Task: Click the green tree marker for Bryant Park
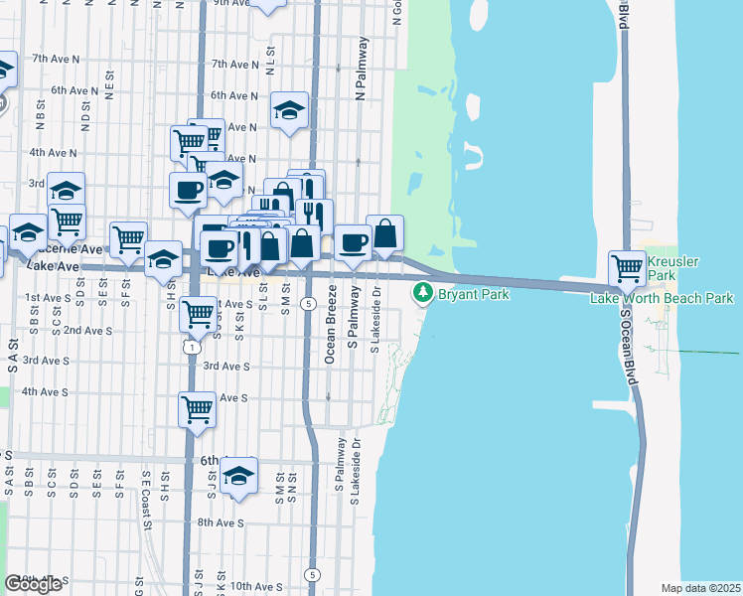click(423, 293)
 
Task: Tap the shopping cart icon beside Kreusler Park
click(628, 267)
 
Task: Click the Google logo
click(33, 583)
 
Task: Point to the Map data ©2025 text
click(701, 588)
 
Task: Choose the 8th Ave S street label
click(220, 522)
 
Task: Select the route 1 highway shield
click(190, 347)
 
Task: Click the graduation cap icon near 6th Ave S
click(238, 476)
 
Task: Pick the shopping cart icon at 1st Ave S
click(200, 314)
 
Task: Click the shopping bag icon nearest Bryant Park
click(385, 234)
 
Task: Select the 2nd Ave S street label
click(87, 330)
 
